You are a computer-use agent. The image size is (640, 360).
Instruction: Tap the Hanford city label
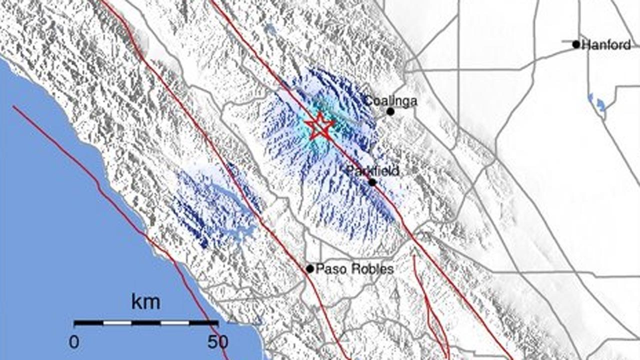(x=607, y=45)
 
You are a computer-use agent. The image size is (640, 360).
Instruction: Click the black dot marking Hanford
(x=576, y=44)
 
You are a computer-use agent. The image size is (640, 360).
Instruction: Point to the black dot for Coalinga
(x=390, y=111)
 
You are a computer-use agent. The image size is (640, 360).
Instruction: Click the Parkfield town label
(x=372, y=171)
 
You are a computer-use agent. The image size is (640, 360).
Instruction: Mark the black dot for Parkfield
(x=372, y=182)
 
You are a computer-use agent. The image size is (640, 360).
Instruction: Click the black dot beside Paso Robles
(x=310, y=269)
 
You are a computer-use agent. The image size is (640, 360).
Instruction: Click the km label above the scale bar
(x=146, y=302)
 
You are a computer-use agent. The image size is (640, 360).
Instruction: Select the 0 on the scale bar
(x=74, y=342)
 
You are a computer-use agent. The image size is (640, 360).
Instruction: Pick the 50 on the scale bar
(x=217, y=342)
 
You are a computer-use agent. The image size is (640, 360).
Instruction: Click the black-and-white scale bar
(x=146, y=323)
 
